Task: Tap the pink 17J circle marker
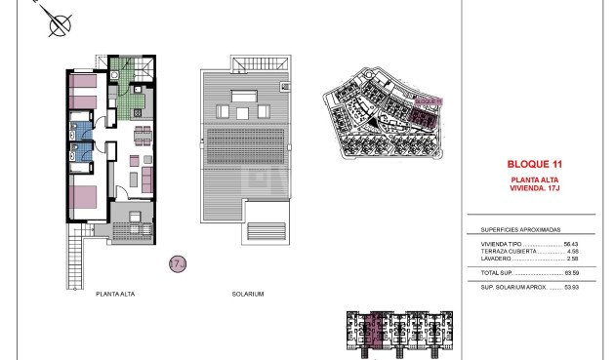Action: pyautogui.click(x=178, y=263)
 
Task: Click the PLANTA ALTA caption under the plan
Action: pyautogui.click(x=116, y=293)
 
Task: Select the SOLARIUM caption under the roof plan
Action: pyautogui.click(x=248, y=293)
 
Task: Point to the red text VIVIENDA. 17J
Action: pyautogui.click(x=534, y=186)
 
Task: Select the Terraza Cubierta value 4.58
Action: pyautogui.click(x=573, y=251)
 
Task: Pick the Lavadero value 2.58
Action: pyautogui.click(x=573, y=259)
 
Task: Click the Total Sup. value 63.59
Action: pyautogui.click(x=571, y=272)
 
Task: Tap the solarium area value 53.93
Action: pyautogui.click(x=571, y=288)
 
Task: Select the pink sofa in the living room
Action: pyautogui.click(x=146, y=180)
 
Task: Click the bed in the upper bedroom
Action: pyautogui.click(x=83, y=94)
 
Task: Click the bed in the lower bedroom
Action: pyautogui.click(x=85, y=195)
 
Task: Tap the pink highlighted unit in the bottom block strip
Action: pyautogui.click(x=380, y=332)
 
